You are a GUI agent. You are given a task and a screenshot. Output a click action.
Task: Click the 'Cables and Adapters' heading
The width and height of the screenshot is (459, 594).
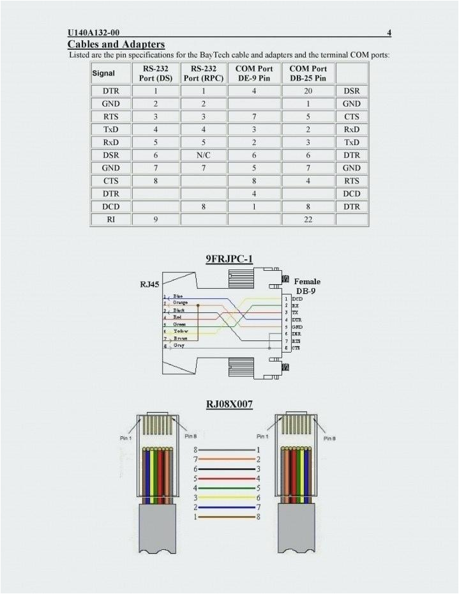116,44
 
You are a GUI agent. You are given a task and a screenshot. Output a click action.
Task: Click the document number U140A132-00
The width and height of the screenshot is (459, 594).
93,32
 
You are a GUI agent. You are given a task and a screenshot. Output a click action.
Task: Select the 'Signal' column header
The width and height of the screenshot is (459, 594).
103,73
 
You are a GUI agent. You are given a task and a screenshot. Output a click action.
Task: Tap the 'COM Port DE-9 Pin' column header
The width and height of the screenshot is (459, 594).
254,73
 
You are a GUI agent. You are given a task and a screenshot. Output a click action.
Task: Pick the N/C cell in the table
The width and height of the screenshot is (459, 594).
203,155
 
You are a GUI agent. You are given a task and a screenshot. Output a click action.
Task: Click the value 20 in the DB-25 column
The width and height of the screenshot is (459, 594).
308,91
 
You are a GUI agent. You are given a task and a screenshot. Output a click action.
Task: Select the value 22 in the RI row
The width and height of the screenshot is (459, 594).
308,220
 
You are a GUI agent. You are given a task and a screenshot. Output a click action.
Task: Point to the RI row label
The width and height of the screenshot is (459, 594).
110,220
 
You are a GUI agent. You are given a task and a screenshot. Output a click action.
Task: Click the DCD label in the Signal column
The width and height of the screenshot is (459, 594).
110,207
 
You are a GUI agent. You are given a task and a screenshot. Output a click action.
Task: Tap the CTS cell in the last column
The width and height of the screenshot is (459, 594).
352,117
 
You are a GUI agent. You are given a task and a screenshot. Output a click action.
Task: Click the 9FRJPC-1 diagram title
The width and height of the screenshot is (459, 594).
229,259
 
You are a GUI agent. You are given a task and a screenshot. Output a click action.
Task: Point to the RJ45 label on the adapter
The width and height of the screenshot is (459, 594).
149,284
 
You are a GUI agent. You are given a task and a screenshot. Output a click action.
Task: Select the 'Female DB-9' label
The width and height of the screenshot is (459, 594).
307,286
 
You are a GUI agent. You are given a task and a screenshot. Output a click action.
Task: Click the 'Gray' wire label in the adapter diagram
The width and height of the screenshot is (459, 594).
179,346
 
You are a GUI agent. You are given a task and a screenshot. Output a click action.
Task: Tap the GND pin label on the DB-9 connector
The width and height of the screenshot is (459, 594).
297,326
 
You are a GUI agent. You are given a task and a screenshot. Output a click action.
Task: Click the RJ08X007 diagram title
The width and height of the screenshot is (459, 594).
229,403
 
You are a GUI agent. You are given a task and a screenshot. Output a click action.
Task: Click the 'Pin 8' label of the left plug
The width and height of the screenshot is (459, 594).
190,436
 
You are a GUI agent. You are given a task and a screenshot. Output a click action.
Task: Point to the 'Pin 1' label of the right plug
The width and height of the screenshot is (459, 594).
262,436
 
